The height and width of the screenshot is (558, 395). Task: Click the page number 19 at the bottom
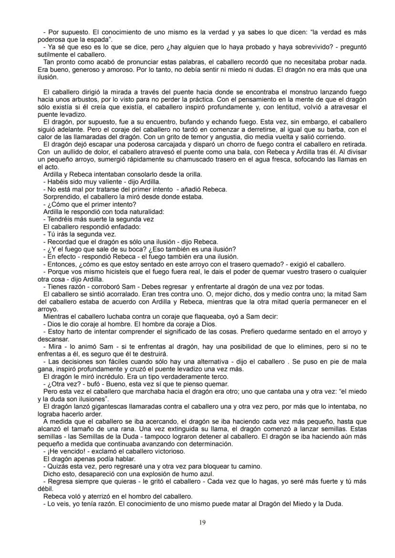[201, 522]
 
